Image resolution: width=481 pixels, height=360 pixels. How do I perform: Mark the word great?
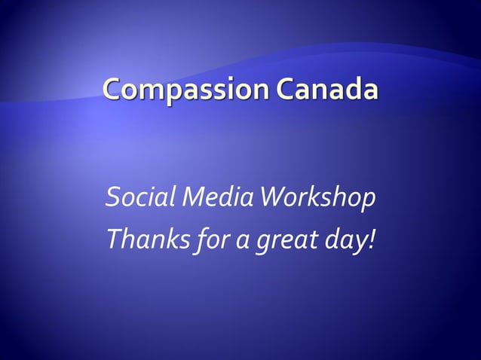coord(281,241)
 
